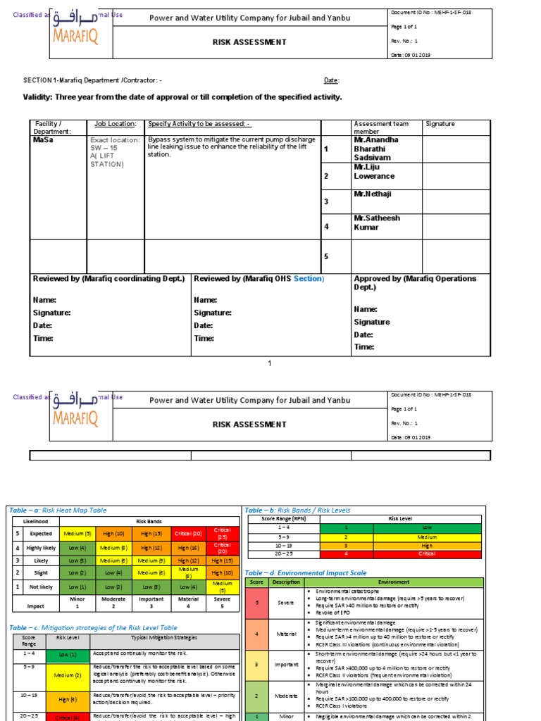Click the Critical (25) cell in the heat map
coord(222,534)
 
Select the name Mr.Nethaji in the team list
coord(373,194)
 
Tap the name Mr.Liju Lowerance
coord(374,172)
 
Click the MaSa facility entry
coord(43,139)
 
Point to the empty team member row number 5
coord(325,256)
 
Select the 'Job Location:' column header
coord(115,124)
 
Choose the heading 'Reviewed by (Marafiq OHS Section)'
coord(259,279)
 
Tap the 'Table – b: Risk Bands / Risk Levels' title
coord(297,510)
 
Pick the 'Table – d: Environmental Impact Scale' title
coord(306,573)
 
